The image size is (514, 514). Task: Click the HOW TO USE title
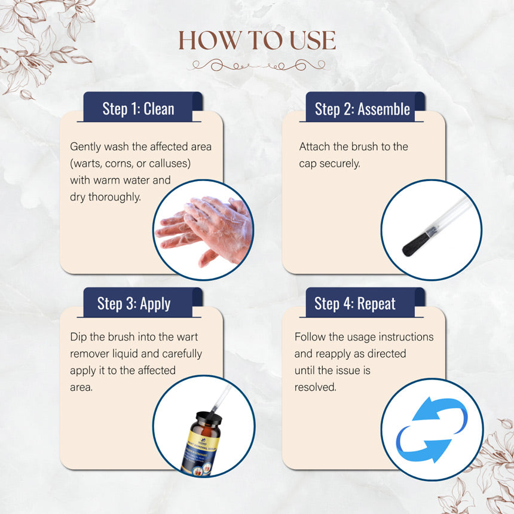tap(257, 41)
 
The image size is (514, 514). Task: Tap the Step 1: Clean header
tap(138, 109)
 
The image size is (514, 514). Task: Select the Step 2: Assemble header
tap(362, 109)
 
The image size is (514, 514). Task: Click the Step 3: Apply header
tap(134, 304)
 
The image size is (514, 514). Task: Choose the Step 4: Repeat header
tap(355, 304)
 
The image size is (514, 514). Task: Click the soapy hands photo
tap(204, 231)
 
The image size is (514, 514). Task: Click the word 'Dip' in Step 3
tap(78, 336)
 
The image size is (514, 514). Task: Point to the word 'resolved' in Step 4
tap(315, 387)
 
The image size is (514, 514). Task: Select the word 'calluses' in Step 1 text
tap(176, 163)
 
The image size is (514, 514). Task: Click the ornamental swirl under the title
tap(257, 65)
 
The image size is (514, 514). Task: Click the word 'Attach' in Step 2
tap(315, 146)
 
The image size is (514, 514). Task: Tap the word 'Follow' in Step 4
tap(310, 336)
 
